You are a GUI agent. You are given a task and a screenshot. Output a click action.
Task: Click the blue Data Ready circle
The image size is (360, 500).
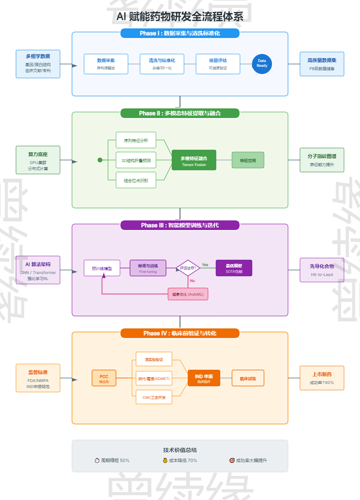(x=262, y=64)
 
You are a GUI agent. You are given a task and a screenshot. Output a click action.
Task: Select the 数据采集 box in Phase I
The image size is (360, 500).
(x=106, y=64)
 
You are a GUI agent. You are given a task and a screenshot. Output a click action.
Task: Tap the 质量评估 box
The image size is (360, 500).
(x=218, y=64)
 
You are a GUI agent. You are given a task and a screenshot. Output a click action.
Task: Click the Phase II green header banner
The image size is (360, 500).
(x=180, y=113)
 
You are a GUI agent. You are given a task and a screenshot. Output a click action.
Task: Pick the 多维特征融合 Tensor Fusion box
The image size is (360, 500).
(x=194, y=160)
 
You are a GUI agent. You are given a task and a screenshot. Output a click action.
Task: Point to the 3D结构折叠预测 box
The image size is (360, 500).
(x=136, y=160)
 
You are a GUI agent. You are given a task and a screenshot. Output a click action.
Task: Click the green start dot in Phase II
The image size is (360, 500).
(x=100, y=160)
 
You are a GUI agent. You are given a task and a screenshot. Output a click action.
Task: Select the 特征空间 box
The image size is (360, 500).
(x=248, y=160)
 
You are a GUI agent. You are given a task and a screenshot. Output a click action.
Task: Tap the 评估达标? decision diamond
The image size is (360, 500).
(x=188, y=268)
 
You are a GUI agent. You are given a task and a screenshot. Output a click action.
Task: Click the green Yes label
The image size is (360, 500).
(x=205, y=265)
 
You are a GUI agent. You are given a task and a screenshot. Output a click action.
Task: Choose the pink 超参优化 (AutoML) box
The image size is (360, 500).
(x=188, y=294)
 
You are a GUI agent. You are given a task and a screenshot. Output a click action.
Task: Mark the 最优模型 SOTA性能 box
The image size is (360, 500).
(x=234, y=268)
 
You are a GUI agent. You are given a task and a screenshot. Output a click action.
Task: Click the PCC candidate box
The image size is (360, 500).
(x=104, y=378)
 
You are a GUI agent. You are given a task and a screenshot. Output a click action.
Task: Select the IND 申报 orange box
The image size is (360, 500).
(x=204, y=378)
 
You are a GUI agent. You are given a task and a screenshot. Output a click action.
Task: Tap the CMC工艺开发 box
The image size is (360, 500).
(x=154, y=397)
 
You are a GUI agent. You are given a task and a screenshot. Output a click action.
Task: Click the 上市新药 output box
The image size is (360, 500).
(x=322, y=378)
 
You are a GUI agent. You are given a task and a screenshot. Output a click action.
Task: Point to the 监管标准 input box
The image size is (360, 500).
(x=38, y=378)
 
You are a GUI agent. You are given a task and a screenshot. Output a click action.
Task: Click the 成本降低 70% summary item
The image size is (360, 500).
(x=180, y=460)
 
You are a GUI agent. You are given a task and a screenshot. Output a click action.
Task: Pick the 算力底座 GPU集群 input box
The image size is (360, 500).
(x=38, y=160)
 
